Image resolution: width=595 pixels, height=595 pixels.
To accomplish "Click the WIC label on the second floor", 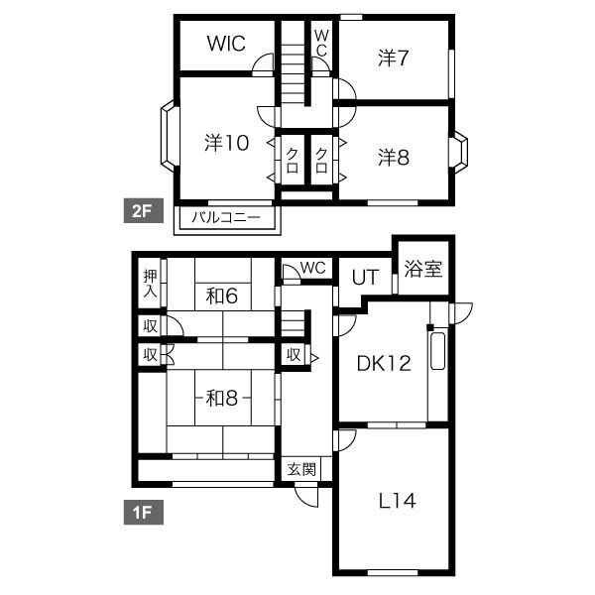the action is pos(226,44).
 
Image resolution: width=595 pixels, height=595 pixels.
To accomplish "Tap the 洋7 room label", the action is pos(393,58).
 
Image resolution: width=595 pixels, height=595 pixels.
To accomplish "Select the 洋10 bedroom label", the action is pos(226,143).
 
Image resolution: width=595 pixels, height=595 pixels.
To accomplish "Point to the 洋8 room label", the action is pos(394,157).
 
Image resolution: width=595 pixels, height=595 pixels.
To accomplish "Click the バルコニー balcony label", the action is pos(226,217).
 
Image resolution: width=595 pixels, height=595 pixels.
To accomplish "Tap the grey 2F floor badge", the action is pos(144,210).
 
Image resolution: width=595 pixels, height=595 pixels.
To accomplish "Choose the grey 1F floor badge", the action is pos(144,512).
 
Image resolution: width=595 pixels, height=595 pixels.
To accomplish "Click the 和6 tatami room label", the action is pos(222,296).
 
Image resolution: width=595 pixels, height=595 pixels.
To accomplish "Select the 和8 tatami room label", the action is pos(222,398).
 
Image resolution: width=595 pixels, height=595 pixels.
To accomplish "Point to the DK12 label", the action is pos(384,364).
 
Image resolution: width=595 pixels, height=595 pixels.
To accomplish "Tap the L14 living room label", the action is pos(398,501).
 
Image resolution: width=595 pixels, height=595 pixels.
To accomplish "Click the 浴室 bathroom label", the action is pos(423,269).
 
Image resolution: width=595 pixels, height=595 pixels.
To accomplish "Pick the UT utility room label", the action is pos(365,278).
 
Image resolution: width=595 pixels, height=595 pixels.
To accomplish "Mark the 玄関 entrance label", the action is pos(301,469).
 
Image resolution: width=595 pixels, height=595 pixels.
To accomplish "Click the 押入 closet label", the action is pos(151,284).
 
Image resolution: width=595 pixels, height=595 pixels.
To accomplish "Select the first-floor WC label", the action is pos(313,268).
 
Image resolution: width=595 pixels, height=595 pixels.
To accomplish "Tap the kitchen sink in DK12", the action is pos(438,351).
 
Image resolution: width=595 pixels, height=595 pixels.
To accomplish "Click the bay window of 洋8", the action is pos(460,152).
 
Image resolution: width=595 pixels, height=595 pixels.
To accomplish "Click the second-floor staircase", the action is pos(293,62).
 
